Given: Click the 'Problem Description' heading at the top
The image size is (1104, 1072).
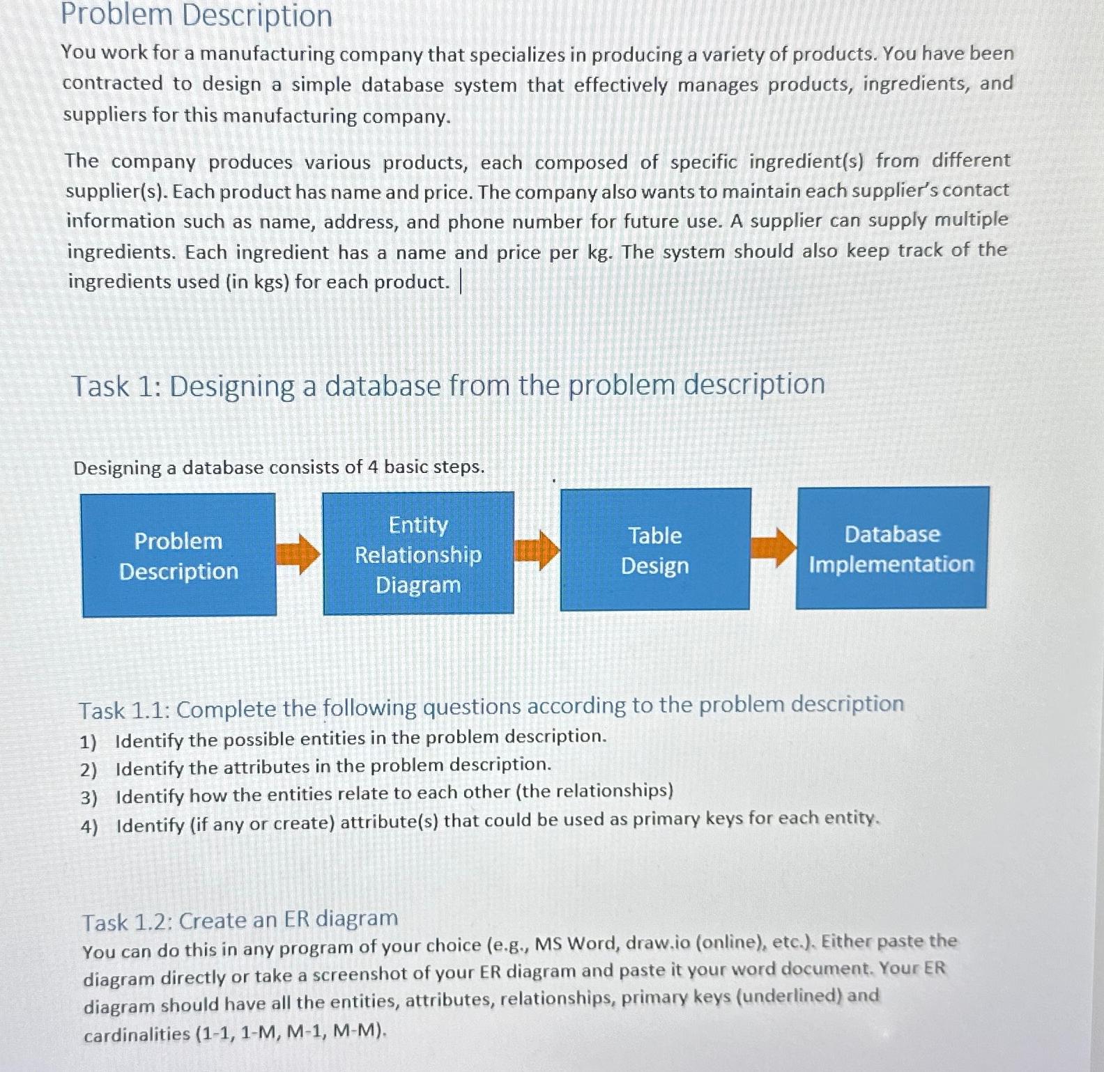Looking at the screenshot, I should (197, 15).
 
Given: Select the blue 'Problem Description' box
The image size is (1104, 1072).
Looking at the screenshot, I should (178, 555).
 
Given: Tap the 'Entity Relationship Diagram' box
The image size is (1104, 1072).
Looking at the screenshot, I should (418, 554).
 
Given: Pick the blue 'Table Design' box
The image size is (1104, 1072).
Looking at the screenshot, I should (655, 550).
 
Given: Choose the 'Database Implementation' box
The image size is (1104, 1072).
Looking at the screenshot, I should (892, 548).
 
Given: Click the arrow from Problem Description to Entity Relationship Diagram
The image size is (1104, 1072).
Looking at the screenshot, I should (298, 554).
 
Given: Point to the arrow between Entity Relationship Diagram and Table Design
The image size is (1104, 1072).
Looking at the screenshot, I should (537, 550).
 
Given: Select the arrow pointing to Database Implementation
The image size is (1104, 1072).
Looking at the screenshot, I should (773, 547).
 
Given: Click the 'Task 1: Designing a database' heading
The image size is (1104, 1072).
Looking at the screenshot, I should (448, 385).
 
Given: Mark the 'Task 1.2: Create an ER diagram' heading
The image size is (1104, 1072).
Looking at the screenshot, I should (240, 921).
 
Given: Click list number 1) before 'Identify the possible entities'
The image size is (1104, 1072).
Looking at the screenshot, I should (88, 742).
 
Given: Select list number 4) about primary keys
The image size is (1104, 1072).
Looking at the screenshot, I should (89, 827).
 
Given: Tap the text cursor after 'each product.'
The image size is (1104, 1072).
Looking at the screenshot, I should (461, 282).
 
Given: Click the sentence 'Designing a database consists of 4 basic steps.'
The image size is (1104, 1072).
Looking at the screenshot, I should (279, 467).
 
